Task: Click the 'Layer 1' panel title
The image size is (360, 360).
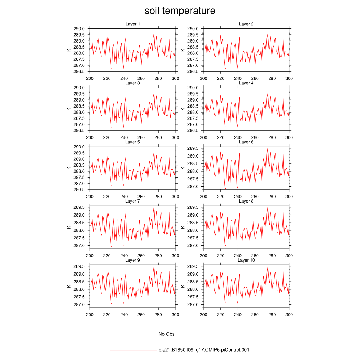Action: (133, 24)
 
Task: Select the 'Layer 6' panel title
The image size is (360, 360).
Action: (246, 142)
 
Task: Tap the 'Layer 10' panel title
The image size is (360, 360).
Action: (246, 260)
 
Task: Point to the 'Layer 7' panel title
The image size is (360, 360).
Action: (133, 201)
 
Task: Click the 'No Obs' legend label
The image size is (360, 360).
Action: (166, 334)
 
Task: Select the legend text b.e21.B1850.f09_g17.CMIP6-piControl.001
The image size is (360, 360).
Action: (204, 350)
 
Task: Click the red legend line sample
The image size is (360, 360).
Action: (134, 350)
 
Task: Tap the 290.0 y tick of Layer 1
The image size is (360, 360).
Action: (79, 29)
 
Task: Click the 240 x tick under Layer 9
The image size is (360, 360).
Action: (124, 315)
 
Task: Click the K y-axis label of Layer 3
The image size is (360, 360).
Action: (69, 109)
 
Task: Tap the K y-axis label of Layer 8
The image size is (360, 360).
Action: (184, 227)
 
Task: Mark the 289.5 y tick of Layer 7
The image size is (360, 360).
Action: (79, 207)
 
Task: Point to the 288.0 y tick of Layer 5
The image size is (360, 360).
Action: (79, 171)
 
